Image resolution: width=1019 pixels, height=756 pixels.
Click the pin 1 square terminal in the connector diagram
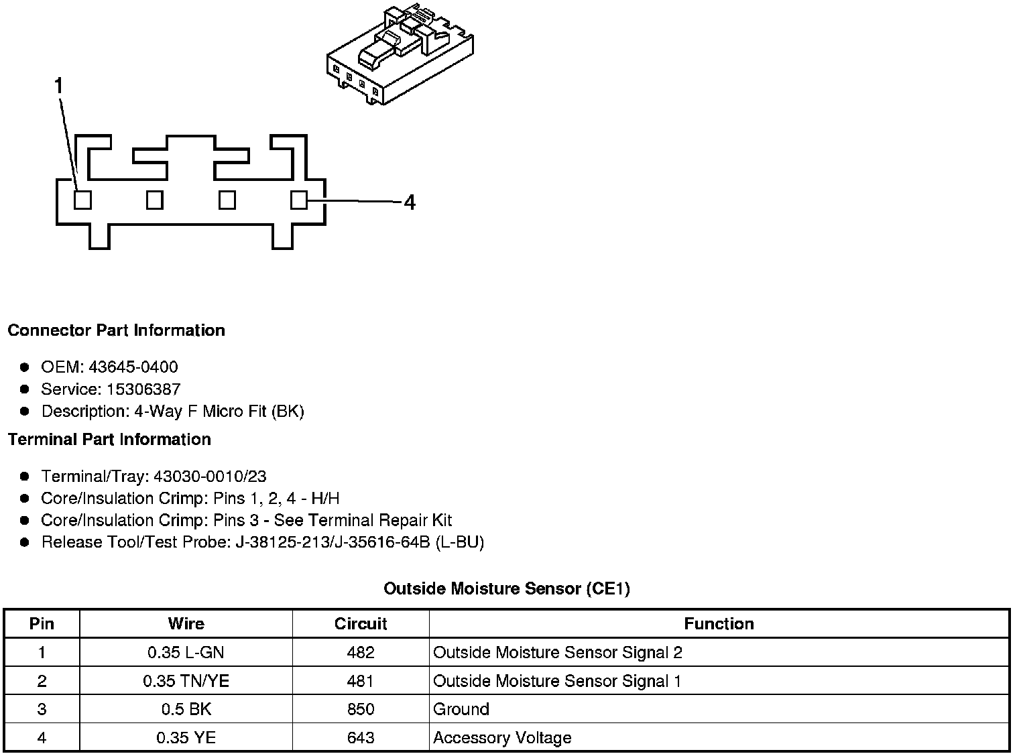tap(82, 200)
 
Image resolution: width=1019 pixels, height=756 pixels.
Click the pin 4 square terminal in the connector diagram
tap(299, 200)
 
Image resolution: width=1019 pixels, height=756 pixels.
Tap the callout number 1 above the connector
tap(59, 86)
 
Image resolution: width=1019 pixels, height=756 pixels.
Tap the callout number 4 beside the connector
tap(409, 202)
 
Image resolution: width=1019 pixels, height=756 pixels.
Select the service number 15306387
tap(143, 389)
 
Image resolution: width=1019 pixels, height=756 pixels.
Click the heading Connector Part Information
tap(116, 330)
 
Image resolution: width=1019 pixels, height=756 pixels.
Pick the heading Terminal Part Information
tap(109, 439)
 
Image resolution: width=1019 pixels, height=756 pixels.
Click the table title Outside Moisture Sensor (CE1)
tap(506, 588)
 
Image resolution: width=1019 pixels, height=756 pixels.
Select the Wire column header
tap(186, 623)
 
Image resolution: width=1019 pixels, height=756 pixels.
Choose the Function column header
tap(719, 623)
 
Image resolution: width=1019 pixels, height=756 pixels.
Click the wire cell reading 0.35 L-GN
tap(186, 652)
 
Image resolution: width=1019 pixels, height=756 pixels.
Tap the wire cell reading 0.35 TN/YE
tap(186, 681)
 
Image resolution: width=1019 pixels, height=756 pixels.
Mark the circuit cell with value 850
tap(361, 709)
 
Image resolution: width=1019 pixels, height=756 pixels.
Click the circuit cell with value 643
tap(361, 738)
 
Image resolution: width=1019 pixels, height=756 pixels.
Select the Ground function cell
tap(461, 709)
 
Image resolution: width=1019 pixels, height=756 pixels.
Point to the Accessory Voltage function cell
tap(502, 738)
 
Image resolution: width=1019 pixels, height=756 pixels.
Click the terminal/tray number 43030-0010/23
tap(210, 477)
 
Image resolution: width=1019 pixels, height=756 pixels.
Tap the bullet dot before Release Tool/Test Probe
tap(25, 542)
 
